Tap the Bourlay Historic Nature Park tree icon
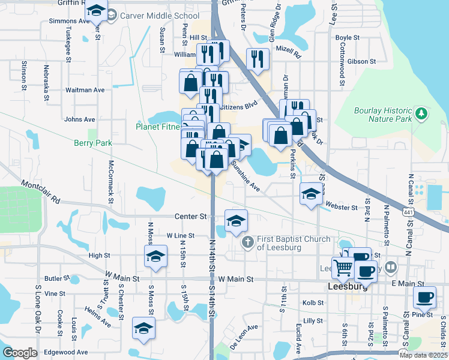click(421, 113)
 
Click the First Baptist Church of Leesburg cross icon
click(246, 242)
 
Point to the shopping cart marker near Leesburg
click(343, 269)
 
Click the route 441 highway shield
click(408, 212)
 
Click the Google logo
click(19, 353)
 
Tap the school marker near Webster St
click(310, 194)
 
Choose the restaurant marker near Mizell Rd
click(258, 59)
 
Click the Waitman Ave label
click(85, 90)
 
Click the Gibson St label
click(361, 61)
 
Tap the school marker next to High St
click(155, 257)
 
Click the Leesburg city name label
click(348, 287)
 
